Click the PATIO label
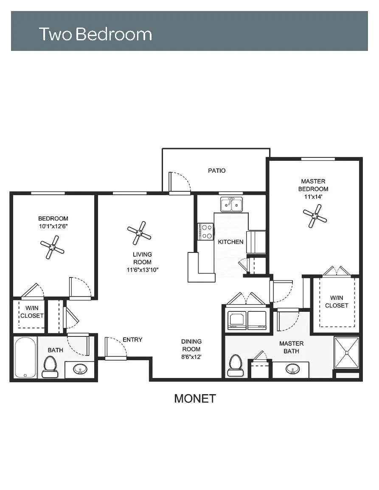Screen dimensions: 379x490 [217, 171]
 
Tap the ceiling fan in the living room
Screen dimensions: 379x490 [139, 233]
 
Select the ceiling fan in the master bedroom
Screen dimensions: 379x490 [315, 216]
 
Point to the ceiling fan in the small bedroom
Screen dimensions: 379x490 [52, 247]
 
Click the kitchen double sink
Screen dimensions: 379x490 [231, 204]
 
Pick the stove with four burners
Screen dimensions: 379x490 [205, 232]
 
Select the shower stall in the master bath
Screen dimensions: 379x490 [346, 353]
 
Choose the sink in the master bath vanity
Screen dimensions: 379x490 [292, 369]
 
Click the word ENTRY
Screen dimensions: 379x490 [132, 340]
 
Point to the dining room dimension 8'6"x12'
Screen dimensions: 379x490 [191, 357]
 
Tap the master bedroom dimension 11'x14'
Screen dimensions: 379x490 [313, 197]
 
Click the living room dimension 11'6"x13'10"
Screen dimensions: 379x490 [142, 270]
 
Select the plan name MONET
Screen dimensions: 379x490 [195, 398]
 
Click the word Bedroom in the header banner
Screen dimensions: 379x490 [114, 34]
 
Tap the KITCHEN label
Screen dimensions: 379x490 [230, 242]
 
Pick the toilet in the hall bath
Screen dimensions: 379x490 [50, 367]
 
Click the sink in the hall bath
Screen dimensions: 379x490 [80, 370]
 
